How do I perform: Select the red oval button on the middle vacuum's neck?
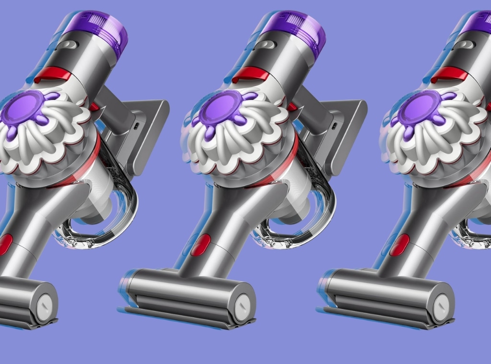(x=200, y=245)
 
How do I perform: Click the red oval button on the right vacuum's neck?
(x=399, y=245)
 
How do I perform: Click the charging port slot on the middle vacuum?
(x=335, y=126)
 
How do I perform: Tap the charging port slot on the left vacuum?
(x=137, y=126)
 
